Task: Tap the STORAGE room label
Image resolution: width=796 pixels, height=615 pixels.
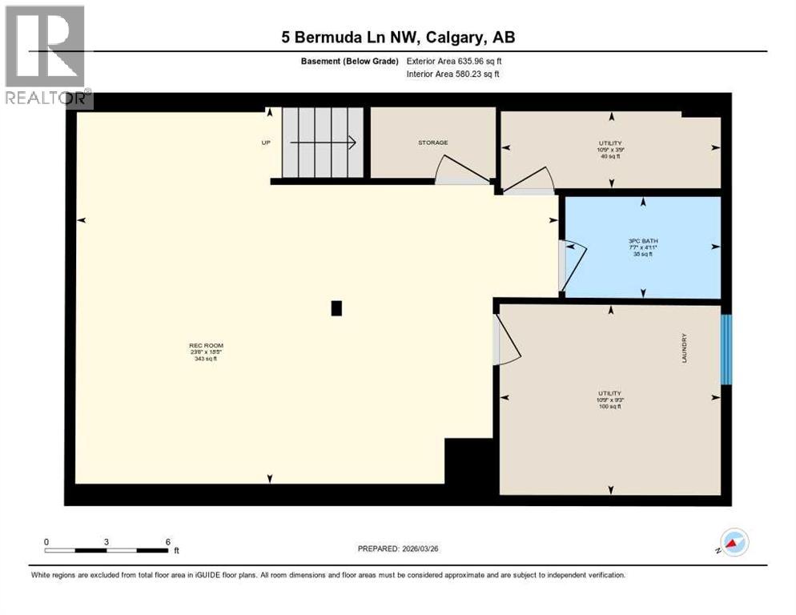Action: (x=432, y=143)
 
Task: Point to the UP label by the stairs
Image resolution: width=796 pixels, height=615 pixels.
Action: (x=266, y=143)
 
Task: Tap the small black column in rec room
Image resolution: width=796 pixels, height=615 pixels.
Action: (x=336, y=308)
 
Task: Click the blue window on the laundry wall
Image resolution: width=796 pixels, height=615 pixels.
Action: (x=726, y=349)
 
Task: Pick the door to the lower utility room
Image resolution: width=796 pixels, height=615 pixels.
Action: (x=507, y=340)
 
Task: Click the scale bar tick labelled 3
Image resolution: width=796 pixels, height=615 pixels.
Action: (x=107, y=542)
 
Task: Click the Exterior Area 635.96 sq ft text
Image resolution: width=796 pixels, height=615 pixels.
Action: (x=454, y=61)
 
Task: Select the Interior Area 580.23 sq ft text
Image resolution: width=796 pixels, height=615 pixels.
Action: (x=453, y=74)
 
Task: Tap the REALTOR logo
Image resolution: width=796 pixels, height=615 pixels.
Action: (x=46, y=56)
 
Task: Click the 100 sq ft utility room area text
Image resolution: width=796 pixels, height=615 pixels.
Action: (x=610, y=407)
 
